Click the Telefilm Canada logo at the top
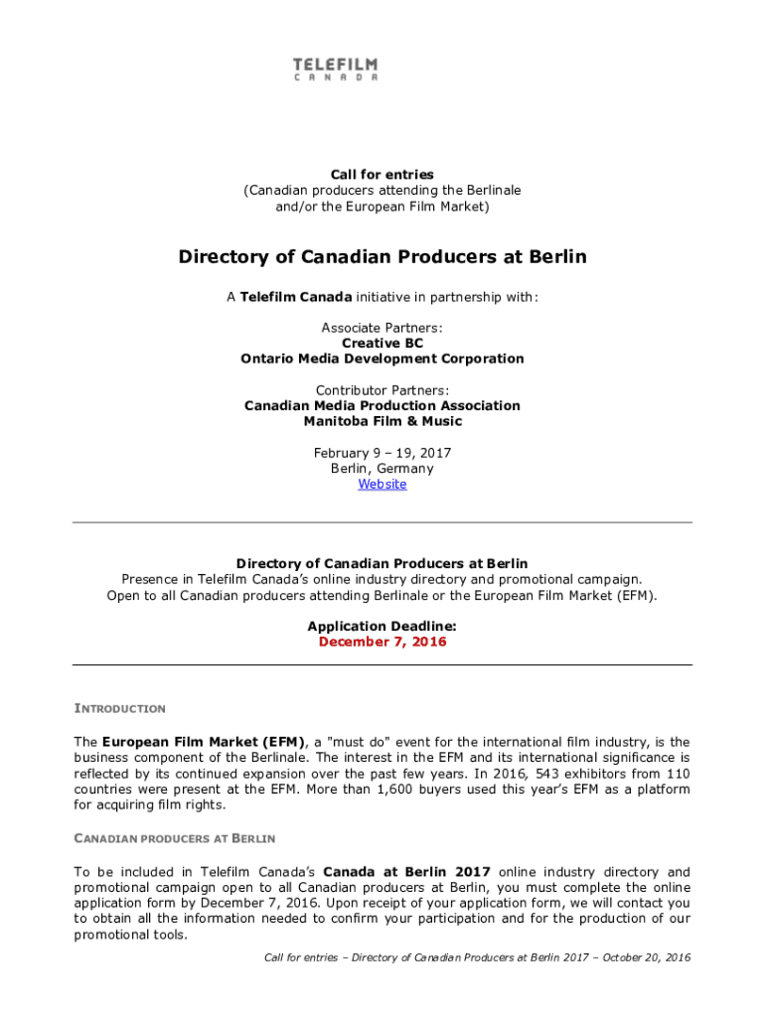click(x=335, y=70)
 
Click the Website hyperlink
click(x=382, y=484)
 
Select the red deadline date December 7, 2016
click(x=382, y=642)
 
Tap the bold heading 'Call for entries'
click(x=382, y=174)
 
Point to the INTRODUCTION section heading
click(x=120, y=708)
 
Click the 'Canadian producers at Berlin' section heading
click(x=175, y=838)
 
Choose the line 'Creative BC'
click(x=382, y=343)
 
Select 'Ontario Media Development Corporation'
click(x=382, y=359)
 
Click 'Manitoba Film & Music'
click(x=382, y=421)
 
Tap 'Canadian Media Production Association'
click(x=382, y=405)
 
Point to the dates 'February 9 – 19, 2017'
click(x=382, y=453)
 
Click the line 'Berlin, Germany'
click(x=382, y=469)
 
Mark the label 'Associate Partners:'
click(x=382, y=327)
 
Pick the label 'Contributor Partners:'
click(x=382, y=389)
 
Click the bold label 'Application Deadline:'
click(x=382, y=626)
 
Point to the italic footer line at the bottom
click(x=477, y=957)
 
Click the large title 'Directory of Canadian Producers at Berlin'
click(x=382, y=257)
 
